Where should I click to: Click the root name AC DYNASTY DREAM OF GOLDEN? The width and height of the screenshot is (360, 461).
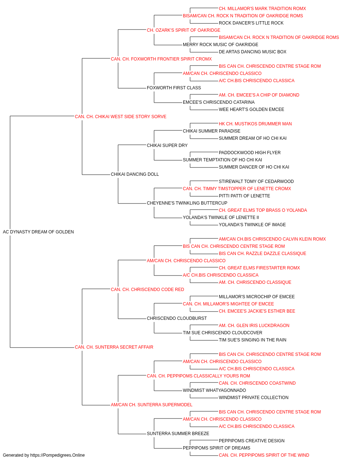[38, 232]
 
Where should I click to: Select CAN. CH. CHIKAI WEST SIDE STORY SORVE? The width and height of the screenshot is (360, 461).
[121, 117]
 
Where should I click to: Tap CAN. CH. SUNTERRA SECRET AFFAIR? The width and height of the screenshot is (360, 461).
[114, 347]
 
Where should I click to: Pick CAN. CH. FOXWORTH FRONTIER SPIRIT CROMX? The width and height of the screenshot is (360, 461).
[161, 59]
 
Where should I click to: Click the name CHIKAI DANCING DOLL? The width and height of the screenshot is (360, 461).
[135, 174]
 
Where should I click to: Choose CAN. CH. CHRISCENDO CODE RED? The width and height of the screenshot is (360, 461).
[147, 290]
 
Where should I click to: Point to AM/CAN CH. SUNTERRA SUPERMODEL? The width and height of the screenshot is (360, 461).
[152, 405]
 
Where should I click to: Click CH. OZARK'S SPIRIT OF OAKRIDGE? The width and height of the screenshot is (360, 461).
[183, 30]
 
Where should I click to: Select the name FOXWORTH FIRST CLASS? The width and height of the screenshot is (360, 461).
[174, 88]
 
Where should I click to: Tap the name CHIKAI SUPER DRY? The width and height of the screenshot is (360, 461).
[167, 146]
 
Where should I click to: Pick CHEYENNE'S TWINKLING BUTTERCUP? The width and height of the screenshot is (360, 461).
[187, 203]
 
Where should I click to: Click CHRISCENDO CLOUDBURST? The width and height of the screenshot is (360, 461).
[177, 318]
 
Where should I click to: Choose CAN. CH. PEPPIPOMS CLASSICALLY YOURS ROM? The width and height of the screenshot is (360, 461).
[198, 376]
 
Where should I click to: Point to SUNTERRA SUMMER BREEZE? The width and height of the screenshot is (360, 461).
[178, 434]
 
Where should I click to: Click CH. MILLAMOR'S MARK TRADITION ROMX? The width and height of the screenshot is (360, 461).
[262, 9]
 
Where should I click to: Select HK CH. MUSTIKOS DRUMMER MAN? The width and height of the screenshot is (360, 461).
[255, 124]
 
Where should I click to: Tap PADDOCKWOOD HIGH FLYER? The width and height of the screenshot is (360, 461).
[249, 153]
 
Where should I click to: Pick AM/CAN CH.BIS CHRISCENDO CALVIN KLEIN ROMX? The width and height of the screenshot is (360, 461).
[272, 239]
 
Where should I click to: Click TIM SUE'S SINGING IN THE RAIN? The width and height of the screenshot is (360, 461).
[252, 340]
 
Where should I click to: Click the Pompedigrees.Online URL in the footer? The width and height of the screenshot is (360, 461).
[57, 455]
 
